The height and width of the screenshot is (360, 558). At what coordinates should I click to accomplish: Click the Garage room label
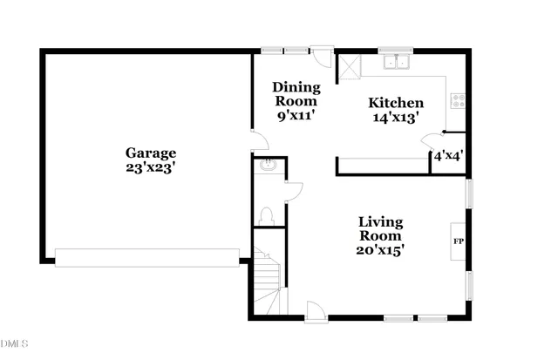coord(150,153)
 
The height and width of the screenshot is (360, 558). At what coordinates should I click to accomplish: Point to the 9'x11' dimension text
coord(296,115)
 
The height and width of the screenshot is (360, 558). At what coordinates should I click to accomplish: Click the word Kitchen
coord(395,102)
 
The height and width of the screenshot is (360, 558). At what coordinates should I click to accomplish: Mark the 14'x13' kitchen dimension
coord(395,117)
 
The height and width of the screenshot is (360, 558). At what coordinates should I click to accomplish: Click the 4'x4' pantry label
coord(448,157)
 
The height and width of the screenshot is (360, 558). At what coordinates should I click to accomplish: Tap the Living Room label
coord(381,228)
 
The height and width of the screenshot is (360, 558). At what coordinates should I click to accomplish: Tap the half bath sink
coord(267,166)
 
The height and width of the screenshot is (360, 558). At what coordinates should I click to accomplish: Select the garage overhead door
coord(146,256)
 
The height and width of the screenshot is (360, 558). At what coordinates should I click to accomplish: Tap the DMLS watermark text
coord(15,344)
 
